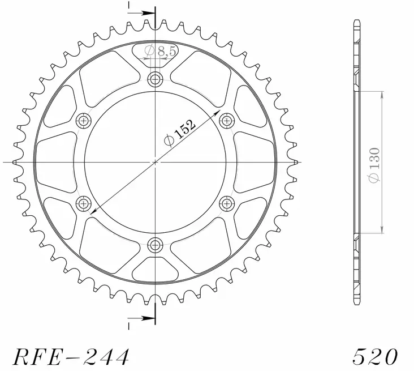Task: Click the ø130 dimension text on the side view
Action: (x=374, y=164)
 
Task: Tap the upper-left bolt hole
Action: (x=84, y=120)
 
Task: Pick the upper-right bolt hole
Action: (x=227, y=120)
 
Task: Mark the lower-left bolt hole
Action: (x=84, y=203)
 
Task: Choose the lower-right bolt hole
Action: (x=227, y=203)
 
